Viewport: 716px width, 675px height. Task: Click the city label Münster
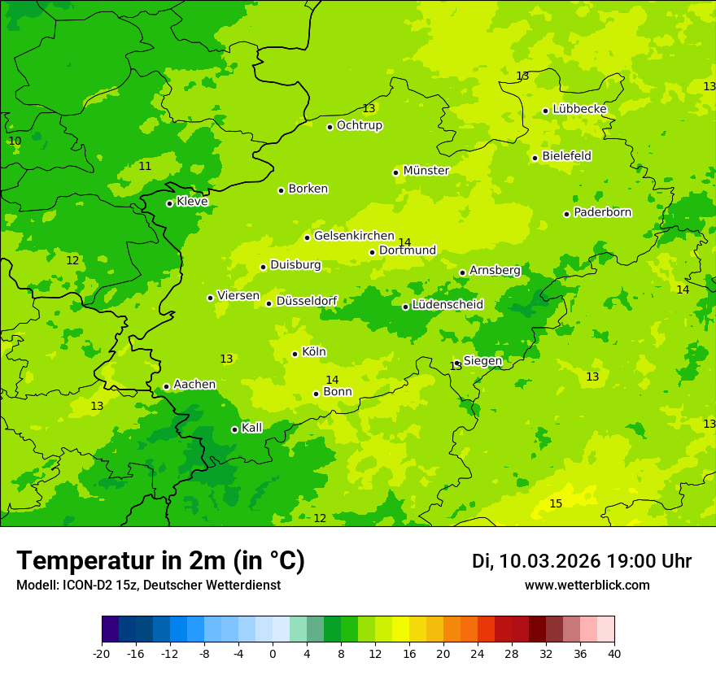[x=426, y=171]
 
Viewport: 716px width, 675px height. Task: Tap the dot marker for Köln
[x=295, y=354]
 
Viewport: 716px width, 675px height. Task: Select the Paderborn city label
[x=603, y=212]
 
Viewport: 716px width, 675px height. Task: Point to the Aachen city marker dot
[x=166, y=387]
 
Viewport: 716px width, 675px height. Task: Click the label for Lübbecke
[x=579, y=109]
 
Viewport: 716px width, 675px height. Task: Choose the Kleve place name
[x=192, y=202]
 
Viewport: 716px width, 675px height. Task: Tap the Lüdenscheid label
[x=447, y=305]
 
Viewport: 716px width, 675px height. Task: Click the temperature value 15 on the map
[x=556, y=504]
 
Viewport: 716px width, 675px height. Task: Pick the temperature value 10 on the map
[x=15, y=142]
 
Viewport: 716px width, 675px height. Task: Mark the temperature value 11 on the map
[x=145, y=167]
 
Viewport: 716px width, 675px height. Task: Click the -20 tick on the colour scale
[x=102, y=654]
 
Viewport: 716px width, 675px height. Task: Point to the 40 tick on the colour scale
[x=614, y=654]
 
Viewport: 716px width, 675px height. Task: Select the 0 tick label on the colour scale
[x=273, y=654]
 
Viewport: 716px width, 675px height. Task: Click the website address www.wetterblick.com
[x=587, y=586]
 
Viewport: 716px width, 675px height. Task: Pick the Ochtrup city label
[x=360, y=125]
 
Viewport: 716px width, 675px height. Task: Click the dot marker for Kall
[x=234, y=429]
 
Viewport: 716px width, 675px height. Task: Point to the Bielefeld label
[x=566, y=156]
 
